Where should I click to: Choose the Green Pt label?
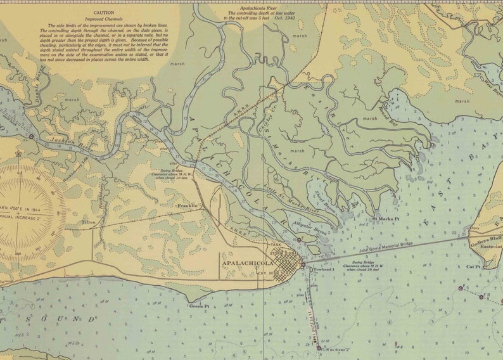point(199,305)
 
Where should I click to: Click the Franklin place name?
point(188,206)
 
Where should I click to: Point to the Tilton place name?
point(88,222)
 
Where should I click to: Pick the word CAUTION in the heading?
point(104,12)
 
